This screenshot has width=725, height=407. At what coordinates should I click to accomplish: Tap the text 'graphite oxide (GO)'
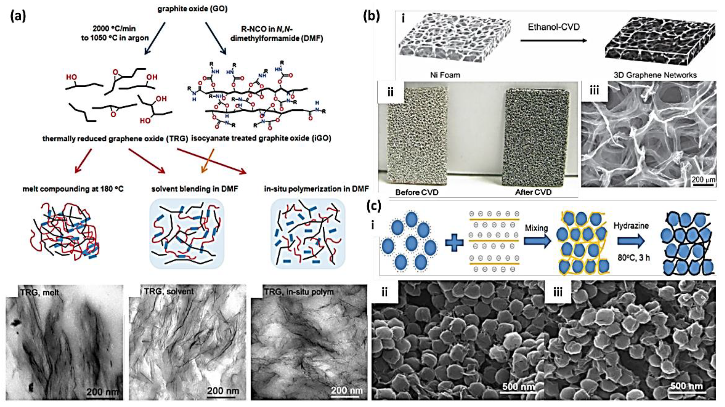click(192, 9)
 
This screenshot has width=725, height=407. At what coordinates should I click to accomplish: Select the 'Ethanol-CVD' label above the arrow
click(554, 27)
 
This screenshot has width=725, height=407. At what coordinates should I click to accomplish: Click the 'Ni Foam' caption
click(445, 75)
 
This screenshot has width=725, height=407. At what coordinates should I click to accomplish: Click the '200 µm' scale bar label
click(703, 179)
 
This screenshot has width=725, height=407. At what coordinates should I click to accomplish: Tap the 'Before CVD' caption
click(417, 192)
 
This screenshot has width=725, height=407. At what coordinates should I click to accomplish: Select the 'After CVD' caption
click(533, 192)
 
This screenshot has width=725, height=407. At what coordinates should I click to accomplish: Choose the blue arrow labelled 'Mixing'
click(537, 241)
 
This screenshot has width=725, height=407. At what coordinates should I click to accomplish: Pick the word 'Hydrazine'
click(631, 226)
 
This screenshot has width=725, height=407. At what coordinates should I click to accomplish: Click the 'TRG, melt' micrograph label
click(40, 292)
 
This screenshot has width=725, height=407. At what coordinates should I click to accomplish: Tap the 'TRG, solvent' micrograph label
click(169, 291)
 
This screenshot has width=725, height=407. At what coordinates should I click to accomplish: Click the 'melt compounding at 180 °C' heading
click(73, 189)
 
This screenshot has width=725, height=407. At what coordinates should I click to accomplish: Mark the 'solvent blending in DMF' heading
click(194, 189)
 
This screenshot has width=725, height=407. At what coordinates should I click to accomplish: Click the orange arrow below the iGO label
click(208, 161)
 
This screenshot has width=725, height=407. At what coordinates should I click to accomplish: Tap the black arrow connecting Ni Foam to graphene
click(553, 41)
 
